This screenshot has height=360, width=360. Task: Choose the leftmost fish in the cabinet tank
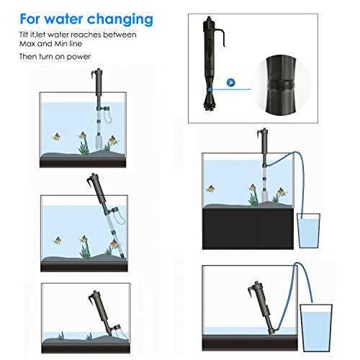(x=211, y=189)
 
